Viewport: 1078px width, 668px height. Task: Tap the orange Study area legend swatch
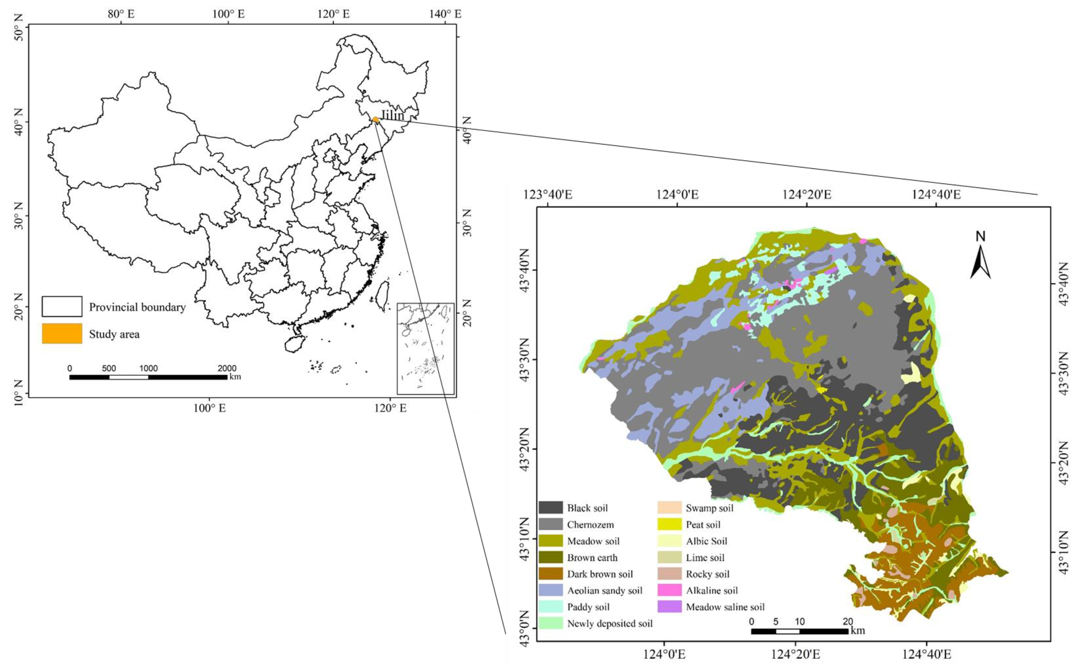[62, 334]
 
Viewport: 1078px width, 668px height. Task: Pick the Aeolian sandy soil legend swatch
[550, 590]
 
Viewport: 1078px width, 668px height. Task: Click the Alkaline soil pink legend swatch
[669, 590]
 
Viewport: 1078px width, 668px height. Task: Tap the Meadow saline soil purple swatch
[669, 607]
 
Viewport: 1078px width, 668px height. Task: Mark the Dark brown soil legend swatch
[550, 574]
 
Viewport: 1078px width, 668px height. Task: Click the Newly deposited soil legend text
[610, 623]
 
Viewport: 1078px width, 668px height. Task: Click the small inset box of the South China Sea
[425, 348]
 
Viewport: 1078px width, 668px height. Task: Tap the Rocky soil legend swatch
[669, 574]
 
